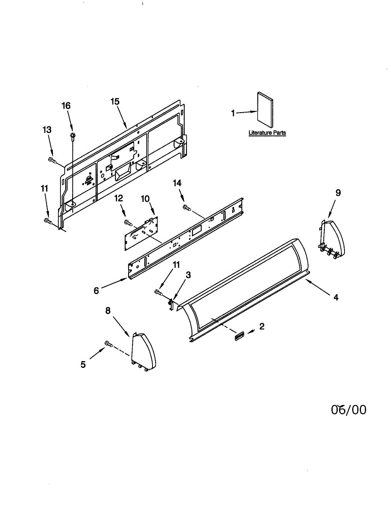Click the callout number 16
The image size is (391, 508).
[66, 106]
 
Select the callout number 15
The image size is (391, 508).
[115, 102]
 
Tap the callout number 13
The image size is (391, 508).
[47, 130]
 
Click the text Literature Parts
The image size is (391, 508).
[267, 133]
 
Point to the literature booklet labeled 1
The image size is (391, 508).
[265, 109]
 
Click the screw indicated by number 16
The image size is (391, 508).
[73, 135]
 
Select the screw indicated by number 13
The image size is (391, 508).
[52, 160]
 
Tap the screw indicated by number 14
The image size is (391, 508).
[186, 207]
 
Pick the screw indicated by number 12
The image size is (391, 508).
[128, 222]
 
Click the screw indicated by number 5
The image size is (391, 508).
[108, 344]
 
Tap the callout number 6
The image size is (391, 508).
[96, 291]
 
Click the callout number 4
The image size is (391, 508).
[336, 298]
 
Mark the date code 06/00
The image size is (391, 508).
[348, 410]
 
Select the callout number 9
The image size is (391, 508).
[338, 193]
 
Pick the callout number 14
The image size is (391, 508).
[178, 183]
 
